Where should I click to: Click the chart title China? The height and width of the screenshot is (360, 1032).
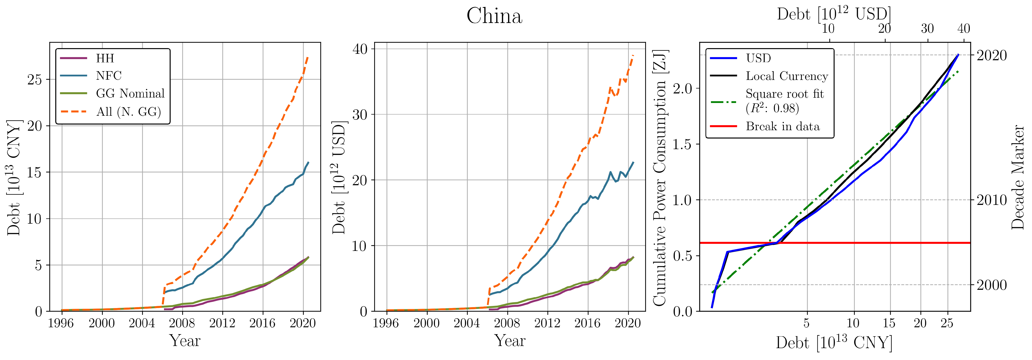pos(494,16)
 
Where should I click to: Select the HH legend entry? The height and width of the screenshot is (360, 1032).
pos(105,59)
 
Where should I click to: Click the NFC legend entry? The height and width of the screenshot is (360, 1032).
pos(109,76)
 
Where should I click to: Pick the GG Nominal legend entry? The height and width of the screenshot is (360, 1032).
pos(130,93)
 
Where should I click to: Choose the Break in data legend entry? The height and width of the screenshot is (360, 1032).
pos(782,127)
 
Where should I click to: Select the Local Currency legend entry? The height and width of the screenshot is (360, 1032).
pos(786,76)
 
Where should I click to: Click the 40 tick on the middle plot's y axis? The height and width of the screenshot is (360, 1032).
pos(360,49)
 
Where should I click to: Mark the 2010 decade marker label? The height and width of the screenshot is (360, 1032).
pos(991,200)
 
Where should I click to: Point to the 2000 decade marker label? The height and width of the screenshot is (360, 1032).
pos(991,285)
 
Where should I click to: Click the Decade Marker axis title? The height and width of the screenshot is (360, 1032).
pos(1018,177)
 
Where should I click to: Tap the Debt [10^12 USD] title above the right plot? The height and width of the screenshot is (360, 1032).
pos(834,14)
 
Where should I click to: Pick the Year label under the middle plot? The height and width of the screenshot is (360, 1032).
pos(509,341)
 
